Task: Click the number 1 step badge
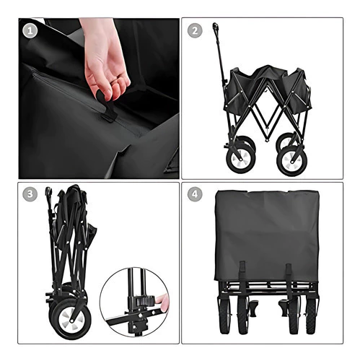tap(30, 31)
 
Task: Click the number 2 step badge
tap(195, 30)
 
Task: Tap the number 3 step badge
tap(30, 194)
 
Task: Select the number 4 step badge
tap(195, 194)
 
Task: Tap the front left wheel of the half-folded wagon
tap(240, 158)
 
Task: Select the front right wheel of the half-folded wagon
tap(292, 160)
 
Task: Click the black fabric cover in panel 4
tap(267, 236)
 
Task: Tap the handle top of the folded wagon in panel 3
tap(49, 192)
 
